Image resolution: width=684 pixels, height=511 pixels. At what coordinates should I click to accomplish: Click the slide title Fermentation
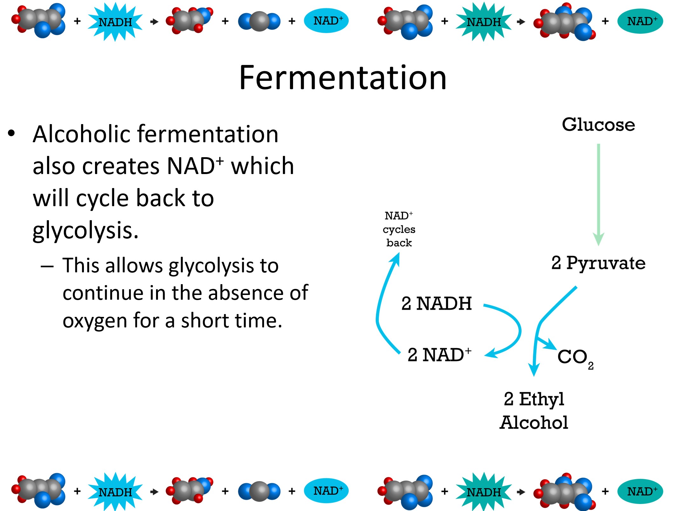click(343, 78)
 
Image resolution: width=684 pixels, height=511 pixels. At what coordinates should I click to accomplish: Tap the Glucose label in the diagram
click(598, 124)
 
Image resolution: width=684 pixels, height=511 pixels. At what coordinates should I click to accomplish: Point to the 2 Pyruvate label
click(598, 263)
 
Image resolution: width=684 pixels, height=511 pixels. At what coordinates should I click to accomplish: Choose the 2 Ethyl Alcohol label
click(534, 410)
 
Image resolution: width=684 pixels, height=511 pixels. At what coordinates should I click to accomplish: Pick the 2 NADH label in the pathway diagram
click(436, 303)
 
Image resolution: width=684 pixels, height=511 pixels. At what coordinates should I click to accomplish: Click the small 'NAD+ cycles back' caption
click(399, 229)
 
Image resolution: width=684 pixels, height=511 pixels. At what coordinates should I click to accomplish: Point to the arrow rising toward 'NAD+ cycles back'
click(381, 302)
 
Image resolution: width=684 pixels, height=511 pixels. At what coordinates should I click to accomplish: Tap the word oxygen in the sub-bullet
click(95, 321)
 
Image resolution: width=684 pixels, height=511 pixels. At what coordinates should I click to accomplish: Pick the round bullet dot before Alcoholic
click(11, 133)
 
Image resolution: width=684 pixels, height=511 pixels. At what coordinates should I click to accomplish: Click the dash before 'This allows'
click(47, 266)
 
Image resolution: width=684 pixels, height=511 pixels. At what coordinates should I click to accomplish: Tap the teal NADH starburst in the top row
click(483, 22)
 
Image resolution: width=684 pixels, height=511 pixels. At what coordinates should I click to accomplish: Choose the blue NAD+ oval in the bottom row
click(326, 491)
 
